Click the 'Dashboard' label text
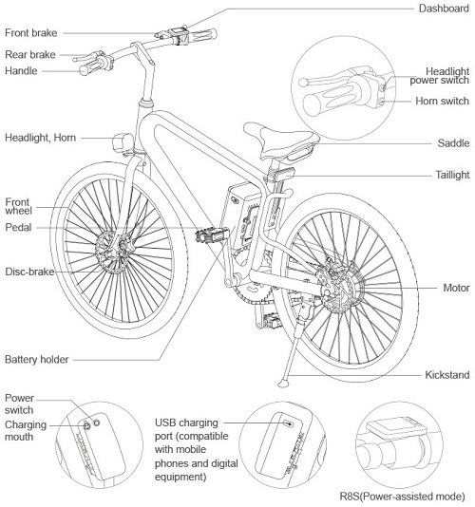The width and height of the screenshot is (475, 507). (x=444, y=9)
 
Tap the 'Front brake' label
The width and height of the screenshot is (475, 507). (x=30, y=32)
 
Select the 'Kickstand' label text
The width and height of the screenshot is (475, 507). (x=446, y=375)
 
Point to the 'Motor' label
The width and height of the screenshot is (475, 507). (x=456, y=288)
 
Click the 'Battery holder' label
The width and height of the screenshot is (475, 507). (x=36, y=359)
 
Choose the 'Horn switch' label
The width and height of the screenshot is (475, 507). (x=442, y=101)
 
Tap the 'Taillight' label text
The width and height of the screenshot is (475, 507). (x=452, y=175)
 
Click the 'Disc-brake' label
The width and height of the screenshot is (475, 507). (x=29, y=272)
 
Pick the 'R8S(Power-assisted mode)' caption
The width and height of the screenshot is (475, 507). (x=402, y=496)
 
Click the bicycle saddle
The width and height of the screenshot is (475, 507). (x=281, y=140)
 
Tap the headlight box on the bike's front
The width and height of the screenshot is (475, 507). (x=123, y=142)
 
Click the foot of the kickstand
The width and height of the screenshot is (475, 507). (x=283, y=384)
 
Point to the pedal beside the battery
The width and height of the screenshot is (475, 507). (x=212, y=235)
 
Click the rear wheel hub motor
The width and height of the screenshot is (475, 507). (x=341, y=287)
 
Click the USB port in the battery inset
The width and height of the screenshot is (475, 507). (x=288, y=423)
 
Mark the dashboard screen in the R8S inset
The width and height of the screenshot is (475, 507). (x=396, y=427)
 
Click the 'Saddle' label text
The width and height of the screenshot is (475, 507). (x=453, y=143)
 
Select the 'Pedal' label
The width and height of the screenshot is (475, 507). (x=18, y=227)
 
